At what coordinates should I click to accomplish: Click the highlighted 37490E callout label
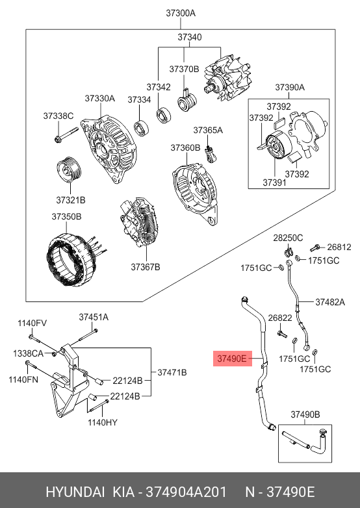[233, 359]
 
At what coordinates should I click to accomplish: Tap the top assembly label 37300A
[181, 13]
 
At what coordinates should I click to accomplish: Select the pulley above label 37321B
[70, 170]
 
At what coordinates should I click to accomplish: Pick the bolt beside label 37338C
[66, 134]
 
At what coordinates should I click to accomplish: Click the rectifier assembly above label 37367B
[140, 222]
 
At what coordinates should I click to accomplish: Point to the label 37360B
[186, 147]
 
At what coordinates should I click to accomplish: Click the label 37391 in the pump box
[274, 183]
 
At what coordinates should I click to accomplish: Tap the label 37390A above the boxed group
[290, 87]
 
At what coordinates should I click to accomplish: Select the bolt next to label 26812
[315, 248]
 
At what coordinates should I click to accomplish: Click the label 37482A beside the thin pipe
[330, 302]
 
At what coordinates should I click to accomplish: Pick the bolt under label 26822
[281, 334]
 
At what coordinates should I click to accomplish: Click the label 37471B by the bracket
[172, 373]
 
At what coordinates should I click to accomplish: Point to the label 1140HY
[103, 422]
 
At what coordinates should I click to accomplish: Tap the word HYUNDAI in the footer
[75, 492]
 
